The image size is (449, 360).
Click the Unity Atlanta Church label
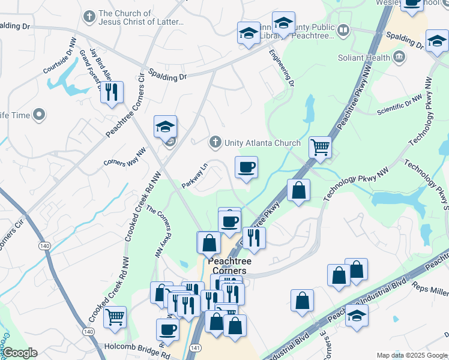coord(262,143)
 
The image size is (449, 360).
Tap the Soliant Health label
coord(363,58)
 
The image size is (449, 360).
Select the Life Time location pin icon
coord(40,114)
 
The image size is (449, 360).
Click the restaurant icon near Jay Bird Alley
coord(111,92)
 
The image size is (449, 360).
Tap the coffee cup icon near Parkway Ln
coord(245,167)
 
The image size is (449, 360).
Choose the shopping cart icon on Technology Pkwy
coord(321,146)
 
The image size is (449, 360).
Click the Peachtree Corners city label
coord(229,266)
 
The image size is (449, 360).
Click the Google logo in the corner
coord(19,352)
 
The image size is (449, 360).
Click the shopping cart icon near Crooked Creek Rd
coord(115,317)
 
